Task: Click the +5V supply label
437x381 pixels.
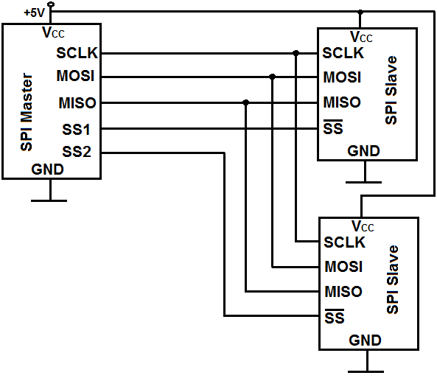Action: click(34, 13)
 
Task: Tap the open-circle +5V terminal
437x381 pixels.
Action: click(51, 4)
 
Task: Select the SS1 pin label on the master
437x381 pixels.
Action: click(76, 130)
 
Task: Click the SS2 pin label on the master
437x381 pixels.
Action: click(77, 152)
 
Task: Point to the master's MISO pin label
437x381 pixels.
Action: click(77, 103)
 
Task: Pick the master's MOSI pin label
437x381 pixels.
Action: click(75, 76)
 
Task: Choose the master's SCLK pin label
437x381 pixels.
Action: click(77, 53)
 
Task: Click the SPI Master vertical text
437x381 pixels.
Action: click(27, 112)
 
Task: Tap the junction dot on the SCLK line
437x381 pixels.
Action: click(296, 53)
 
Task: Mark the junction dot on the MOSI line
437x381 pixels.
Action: click(273, 77)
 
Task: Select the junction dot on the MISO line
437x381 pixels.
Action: click(245, 103)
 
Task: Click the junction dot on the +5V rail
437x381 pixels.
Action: click(360, 12)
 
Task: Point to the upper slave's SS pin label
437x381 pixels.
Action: click(333, 127)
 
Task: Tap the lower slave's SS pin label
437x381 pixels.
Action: click(335, 317)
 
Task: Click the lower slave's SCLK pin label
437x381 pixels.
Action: click(344, 242)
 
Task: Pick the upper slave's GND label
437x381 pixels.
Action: click(363, 151)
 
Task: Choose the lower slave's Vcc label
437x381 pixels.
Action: click(363, 226)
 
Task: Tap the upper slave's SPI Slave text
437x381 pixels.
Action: click(391, 91)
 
